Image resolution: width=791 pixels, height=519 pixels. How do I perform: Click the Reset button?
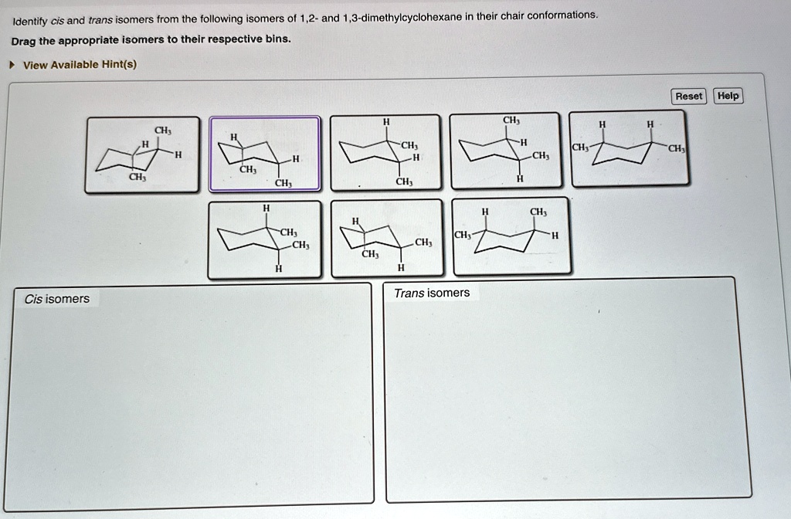(x=688, y=97)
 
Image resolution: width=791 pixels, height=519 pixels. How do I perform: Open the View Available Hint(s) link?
(x=80, y=65)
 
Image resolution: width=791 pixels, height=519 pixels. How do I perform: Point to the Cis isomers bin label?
(x=56, y=299)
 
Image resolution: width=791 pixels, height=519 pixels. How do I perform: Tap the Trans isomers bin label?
(x=431, y=293)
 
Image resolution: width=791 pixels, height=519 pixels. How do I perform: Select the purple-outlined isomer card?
(x=264, y=154)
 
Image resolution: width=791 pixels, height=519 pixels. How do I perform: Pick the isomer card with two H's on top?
(x=628, y=148)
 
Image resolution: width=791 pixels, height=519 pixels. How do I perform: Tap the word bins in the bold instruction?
(x=277, y=39)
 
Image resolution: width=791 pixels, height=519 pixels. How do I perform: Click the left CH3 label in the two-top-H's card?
(x=579, y=147)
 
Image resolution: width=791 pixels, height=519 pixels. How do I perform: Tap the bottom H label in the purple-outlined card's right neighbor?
(x=416, y=158)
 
